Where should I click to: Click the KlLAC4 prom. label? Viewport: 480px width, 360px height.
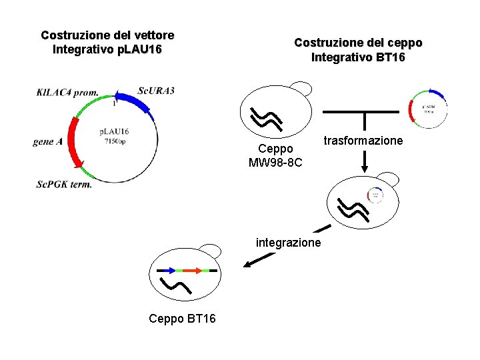[x=67, y=93]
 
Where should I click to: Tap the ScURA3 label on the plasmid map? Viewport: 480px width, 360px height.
[x=156, y=91]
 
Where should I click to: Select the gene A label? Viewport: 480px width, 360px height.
[x=47, y=142]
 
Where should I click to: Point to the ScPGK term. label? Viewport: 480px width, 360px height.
[x=64, y=184]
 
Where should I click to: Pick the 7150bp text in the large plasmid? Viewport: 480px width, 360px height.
[x=114, y=141]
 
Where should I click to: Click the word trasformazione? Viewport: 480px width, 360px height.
[x=363, y=141]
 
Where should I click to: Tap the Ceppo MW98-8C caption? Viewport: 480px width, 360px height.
[x=275, y=156]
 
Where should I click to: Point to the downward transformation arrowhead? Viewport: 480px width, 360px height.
[x=365, y=163]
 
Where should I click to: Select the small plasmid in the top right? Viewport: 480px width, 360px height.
[x=427, y=109]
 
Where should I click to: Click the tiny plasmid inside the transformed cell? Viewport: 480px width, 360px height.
[x=375, y=195]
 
